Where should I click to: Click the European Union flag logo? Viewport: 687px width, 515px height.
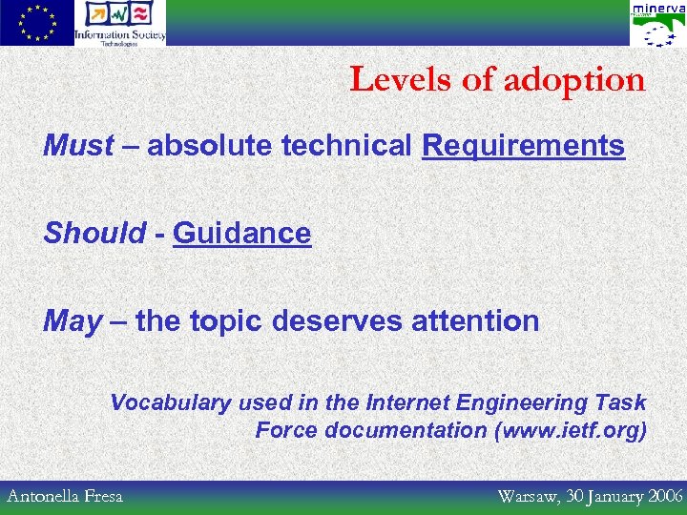point(36,23)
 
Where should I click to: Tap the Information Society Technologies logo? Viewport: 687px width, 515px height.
point(120,23)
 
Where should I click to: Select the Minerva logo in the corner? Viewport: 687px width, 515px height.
point(656,24)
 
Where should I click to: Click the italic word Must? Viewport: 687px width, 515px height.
point(78,146)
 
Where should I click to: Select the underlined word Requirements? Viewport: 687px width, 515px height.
point(523,146)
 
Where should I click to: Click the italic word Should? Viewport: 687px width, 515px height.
point(94,234)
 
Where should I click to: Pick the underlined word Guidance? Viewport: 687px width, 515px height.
point(241,234)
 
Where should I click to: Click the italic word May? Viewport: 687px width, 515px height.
point(72,321)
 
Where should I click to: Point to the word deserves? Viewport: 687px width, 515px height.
point(337,321)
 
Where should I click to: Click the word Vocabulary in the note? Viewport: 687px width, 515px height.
point(170,403)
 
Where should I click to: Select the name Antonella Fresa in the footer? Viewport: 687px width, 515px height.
point(65,496)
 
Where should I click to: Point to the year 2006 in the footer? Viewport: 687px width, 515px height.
point(664,496)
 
